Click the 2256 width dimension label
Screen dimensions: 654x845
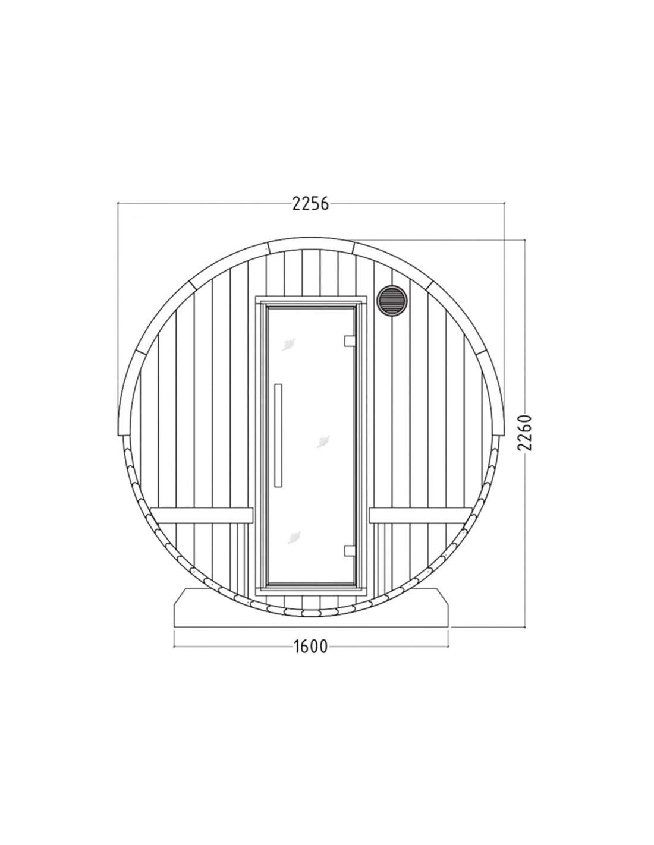click(310, 204)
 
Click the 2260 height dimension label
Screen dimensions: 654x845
click(524, 433)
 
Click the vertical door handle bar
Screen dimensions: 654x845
click(278, 435)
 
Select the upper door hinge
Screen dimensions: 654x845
click(350, 340)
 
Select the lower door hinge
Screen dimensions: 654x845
click(350, 550)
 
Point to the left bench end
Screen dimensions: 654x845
click(202, 515)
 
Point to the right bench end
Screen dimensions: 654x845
click(420, 515)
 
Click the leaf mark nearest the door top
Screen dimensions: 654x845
click(288, 345)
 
